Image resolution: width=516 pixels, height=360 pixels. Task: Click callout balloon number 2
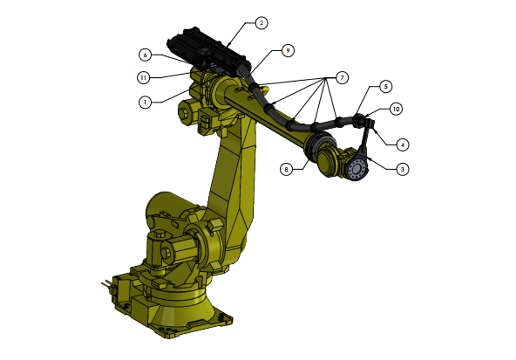(261, 23)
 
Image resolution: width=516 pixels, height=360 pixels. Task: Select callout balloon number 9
(288, 51)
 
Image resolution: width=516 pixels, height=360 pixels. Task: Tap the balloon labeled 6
(145, 55)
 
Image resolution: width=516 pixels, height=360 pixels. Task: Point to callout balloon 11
(143, 78)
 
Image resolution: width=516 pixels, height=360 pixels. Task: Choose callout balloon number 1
(145, 102)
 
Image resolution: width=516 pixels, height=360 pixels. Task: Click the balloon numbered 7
(342, 78)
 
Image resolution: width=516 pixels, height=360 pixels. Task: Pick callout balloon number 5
(386, 86)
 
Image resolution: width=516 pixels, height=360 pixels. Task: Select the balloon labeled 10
(396, 109)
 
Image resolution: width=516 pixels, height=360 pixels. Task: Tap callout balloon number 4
(402, 145)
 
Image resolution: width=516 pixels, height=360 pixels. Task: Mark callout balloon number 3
(402, 169)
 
